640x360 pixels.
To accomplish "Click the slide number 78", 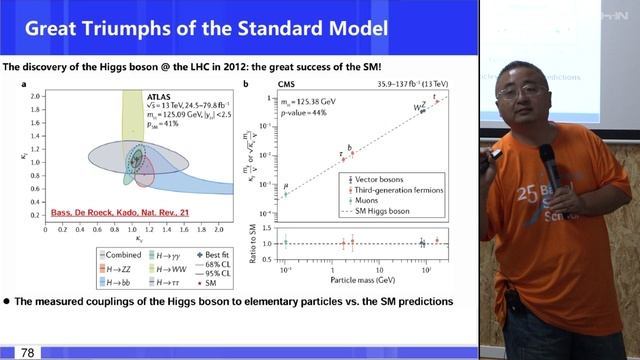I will pyautogui.click(x=27, y=352).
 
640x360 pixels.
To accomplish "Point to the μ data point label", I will pyautogui.click(x=286, y=186).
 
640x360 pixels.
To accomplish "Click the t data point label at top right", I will pyautogui.click(x=434, y=96).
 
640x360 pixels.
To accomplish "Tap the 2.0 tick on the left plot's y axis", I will pyautogui.click(x=36, y=96).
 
